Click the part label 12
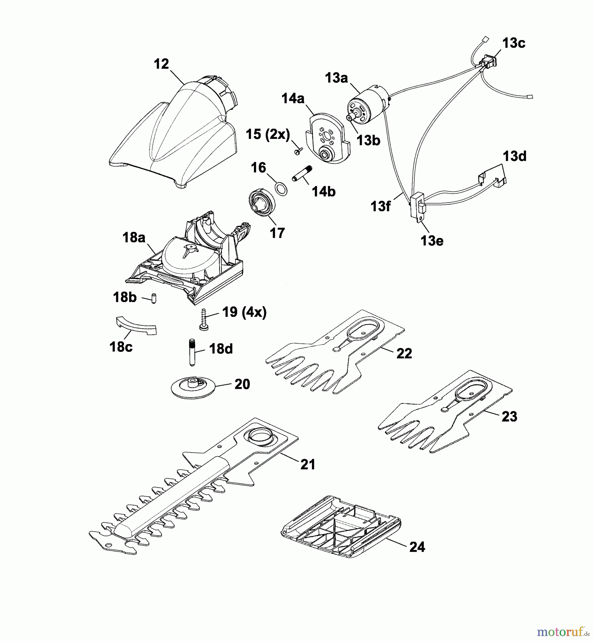(161, 64)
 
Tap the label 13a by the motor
(336, 78)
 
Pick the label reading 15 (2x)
(268, 135)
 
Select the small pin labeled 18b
(154, 297)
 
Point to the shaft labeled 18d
(192, 352)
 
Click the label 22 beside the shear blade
(404, 353)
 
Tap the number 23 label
(509, 416)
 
